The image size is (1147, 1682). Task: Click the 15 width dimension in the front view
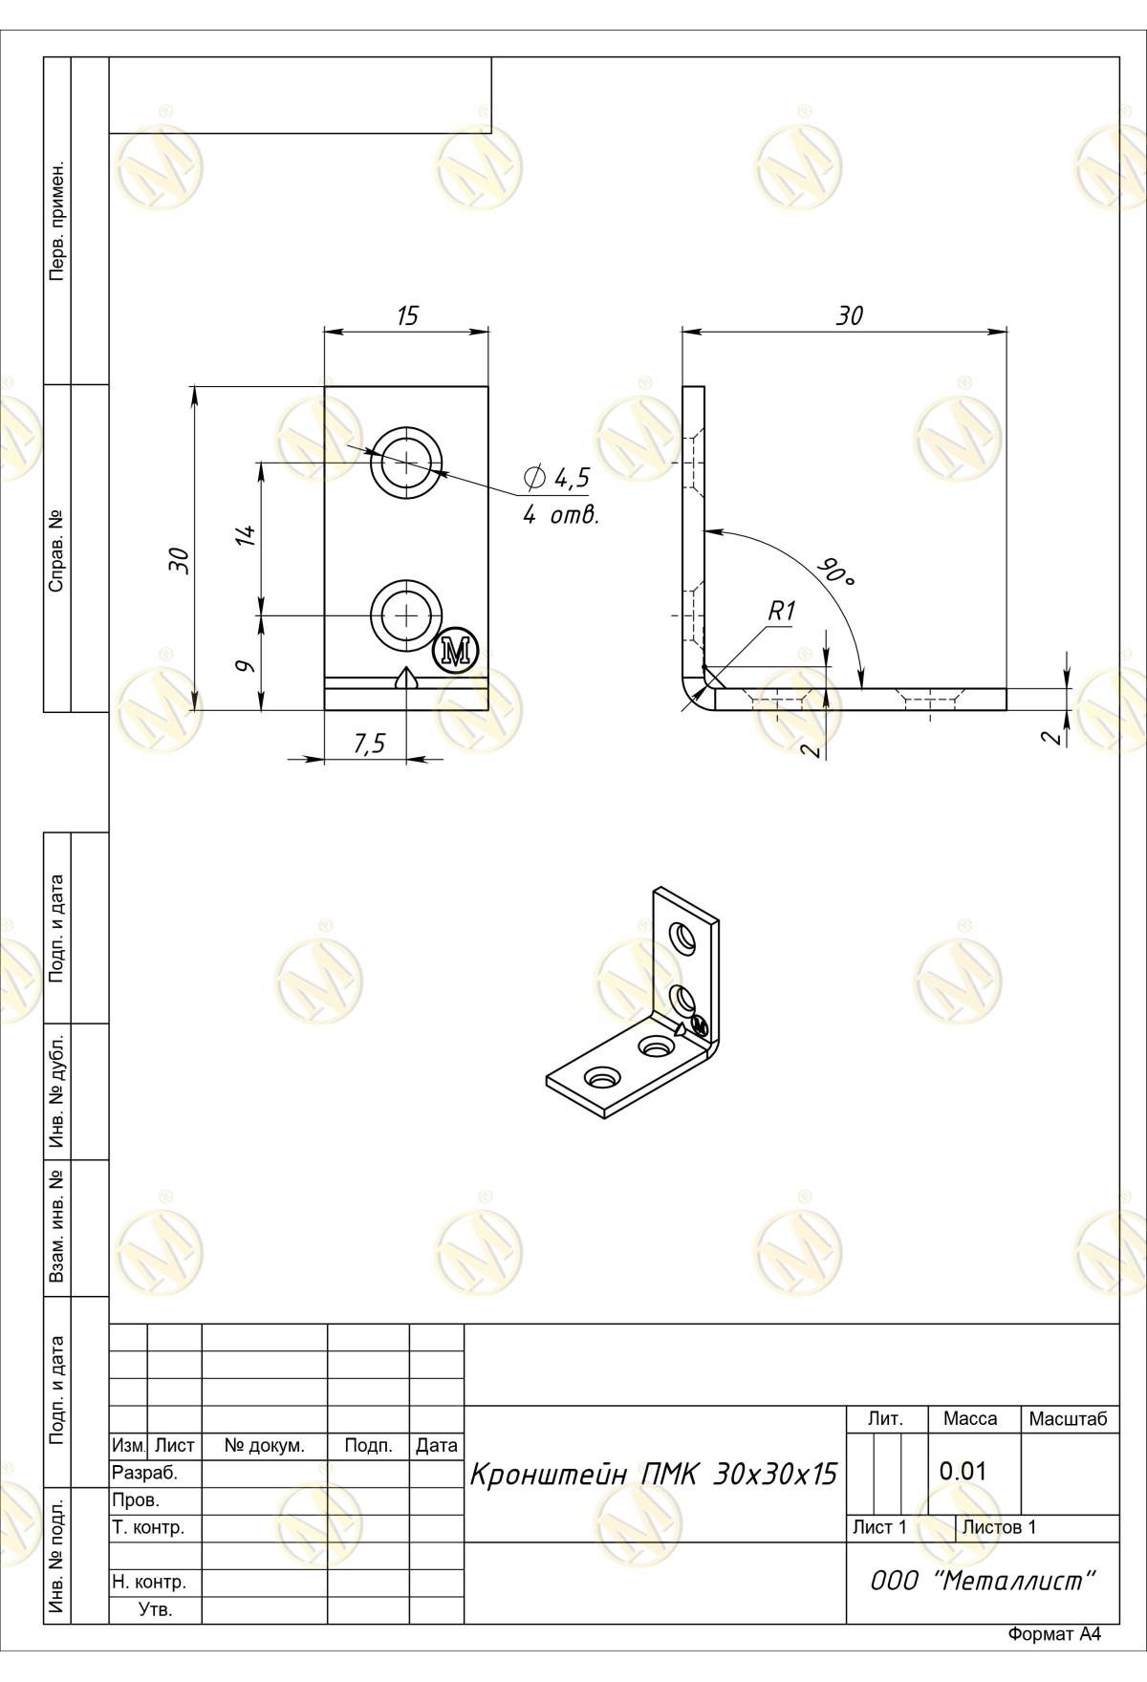pos(408,316)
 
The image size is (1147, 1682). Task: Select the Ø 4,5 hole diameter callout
pos(557,478)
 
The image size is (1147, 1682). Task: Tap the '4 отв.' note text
pos(560,516)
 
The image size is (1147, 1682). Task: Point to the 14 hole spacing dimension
pos(246,535)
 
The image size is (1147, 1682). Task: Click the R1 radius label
pos(782,612)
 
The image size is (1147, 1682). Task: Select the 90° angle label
pos(834,572)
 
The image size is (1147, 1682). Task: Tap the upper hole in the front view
pos(408,463)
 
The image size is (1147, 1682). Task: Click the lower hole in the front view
pos(408,615)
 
